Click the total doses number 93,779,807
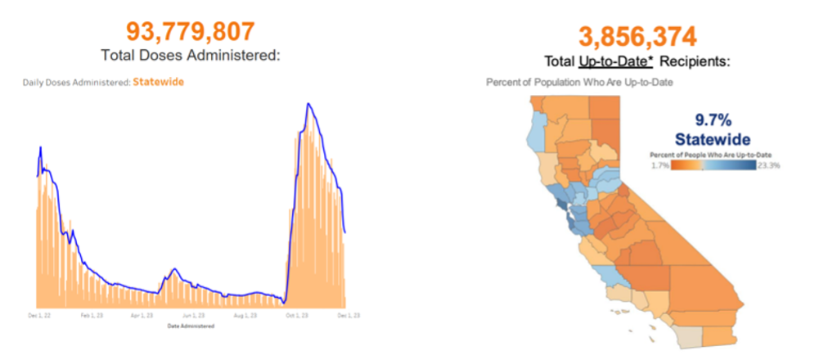point(190,32)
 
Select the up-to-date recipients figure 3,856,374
point(637,36)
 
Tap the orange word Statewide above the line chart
point(158,82)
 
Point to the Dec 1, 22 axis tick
point(38,314)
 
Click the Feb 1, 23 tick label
point(92,314)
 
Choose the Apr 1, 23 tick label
point(142,314)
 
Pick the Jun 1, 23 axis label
point(193,314)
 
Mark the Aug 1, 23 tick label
point(245,314)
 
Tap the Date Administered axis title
point(191,326)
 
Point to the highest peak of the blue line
point(308,104)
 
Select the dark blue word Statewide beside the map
point(712,139)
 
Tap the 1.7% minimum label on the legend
point(660,165)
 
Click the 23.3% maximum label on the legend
point(769,165)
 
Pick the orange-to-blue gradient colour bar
point(713,165)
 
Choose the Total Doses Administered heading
point(191,56)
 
